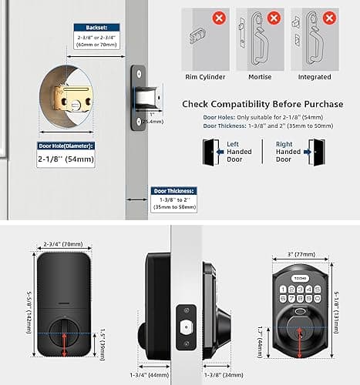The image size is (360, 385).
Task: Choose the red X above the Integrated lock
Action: point(330,15)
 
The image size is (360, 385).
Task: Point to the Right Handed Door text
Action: point(288,152)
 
